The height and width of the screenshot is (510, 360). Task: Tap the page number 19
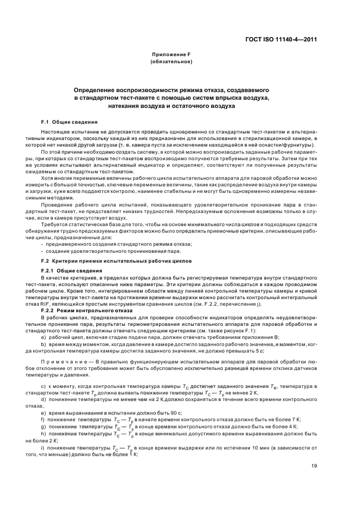(x=314, y=465)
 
